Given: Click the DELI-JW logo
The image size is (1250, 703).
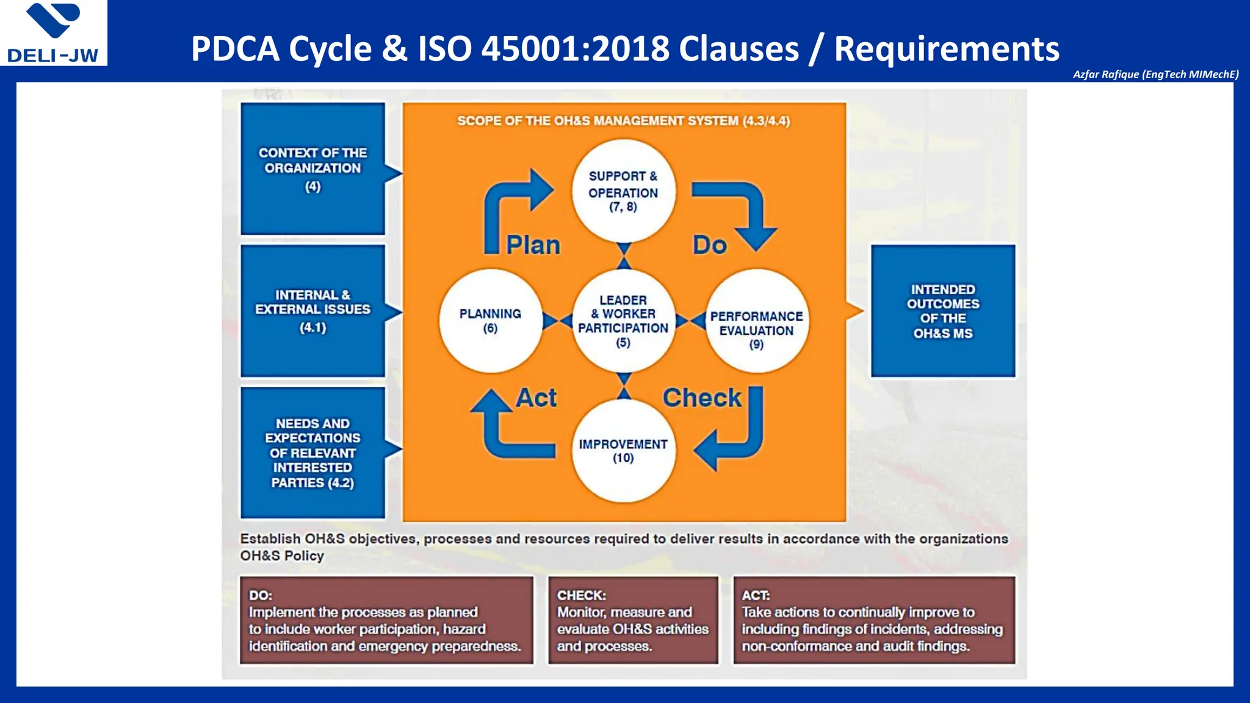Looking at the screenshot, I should coord(54,33).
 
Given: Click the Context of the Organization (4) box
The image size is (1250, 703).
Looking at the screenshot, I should coord(312,168).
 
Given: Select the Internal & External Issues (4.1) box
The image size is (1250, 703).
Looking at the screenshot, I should coord(312,311).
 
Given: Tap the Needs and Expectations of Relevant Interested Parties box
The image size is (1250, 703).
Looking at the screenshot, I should coord(312,453).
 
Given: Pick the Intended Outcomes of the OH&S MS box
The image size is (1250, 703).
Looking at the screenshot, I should coord(943,311).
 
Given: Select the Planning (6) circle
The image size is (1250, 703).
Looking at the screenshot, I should coord(490,320).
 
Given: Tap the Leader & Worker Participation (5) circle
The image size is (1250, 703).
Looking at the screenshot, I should coord(623,320).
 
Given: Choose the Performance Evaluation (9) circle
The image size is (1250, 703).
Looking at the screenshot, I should coord(756,321).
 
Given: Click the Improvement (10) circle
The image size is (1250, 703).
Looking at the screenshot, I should coord(623,450).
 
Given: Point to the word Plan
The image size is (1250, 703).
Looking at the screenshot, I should coord(533,245).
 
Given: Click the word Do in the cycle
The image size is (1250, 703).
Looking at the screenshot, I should coord(709,245).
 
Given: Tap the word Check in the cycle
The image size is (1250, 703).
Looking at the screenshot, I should coord(702,398).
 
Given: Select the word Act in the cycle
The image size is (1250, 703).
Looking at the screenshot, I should coord(536,398).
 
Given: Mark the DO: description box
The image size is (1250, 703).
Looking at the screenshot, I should coord(386,620).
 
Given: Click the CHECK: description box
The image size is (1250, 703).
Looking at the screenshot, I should coord(633,620).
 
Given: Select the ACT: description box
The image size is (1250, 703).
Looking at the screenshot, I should coord(874,620).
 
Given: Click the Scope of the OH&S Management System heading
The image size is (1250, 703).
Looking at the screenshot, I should coord(623,121).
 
